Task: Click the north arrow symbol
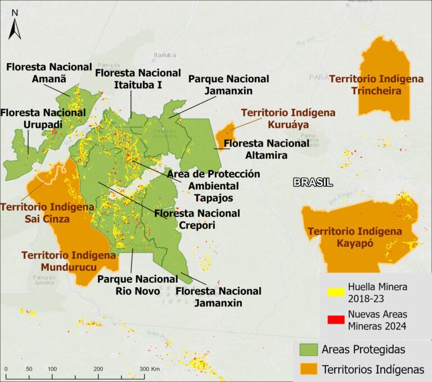point(15,25)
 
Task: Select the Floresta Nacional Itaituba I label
point(138,79)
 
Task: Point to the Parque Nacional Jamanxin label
point(228,85)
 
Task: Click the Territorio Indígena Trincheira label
point(376,85)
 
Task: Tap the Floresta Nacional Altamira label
point(266,149)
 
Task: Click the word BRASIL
point(313,182)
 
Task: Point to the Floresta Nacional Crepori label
point(197,219)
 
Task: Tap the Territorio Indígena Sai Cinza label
point(47,213)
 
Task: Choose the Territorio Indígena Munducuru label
point(69,261)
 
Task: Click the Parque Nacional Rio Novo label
point(137,285)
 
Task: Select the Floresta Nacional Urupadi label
point(43,118)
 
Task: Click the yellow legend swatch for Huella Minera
point(335,292)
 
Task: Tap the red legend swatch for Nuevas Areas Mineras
point(335,319)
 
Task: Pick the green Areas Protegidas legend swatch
point(307,349)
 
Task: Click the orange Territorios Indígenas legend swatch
point(307,370)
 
